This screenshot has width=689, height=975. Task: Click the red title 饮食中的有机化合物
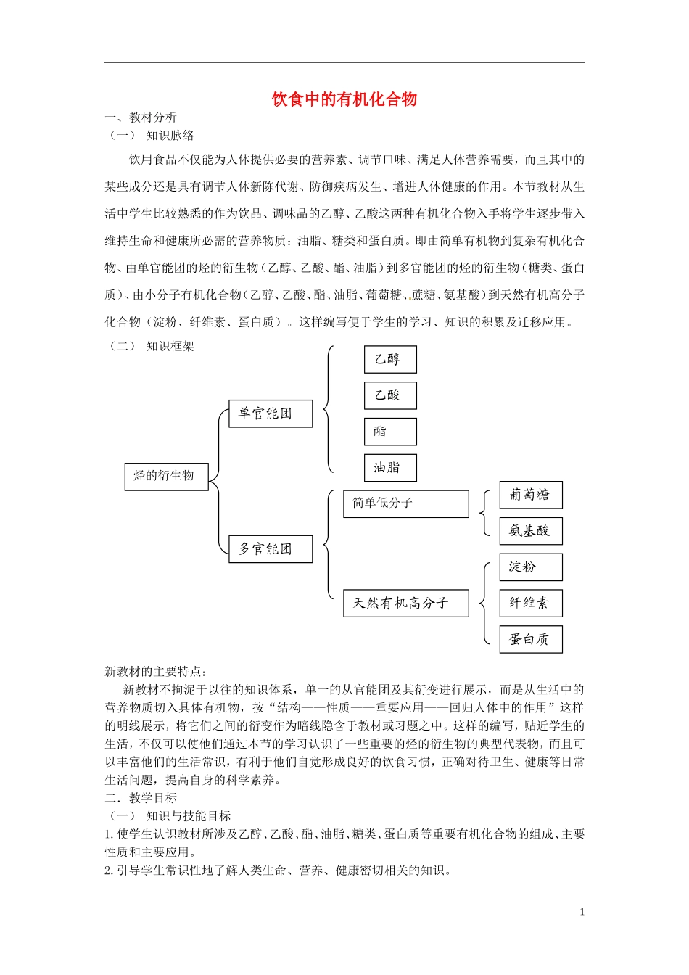[344, 99]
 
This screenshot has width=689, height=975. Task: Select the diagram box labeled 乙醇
[390, 359]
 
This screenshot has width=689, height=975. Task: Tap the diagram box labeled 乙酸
[390, 395]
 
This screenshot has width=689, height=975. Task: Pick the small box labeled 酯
[390, 432]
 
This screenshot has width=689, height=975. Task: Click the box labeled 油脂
[390, 468]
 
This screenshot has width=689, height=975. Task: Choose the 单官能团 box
[271, 414]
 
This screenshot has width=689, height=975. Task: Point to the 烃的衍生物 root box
[166, 477]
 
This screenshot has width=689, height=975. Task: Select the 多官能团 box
[271, 549]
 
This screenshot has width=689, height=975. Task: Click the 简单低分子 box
[405, 503]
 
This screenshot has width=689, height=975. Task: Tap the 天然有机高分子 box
[405, 603]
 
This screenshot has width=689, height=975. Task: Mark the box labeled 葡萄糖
[531, 495]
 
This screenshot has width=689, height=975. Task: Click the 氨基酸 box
[531, 531]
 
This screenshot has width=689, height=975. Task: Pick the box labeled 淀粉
[531, 567]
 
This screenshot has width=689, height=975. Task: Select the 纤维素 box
[531, 603]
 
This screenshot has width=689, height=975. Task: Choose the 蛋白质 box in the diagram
[531, 639]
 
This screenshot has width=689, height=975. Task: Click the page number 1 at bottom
[582, 912]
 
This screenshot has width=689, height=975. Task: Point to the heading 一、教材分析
[141, 118]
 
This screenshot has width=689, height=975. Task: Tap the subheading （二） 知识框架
[152, 346]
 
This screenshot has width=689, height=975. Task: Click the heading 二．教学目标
[141, 798]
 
